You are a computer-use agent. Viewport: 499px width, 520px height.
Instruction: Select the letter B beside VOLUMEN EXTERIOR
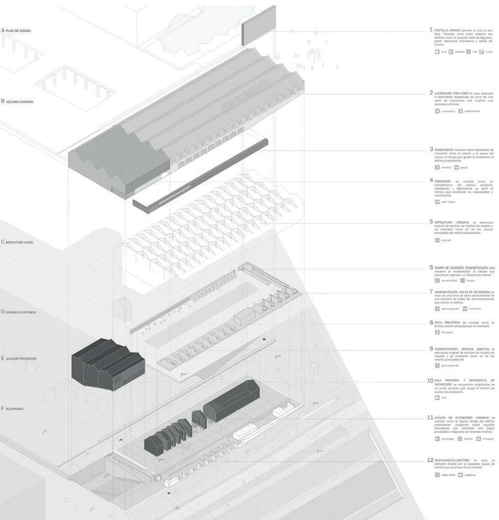coord(3,101)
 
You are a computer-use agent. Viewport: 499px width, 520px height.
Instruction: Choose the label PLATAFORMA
coord(17,408)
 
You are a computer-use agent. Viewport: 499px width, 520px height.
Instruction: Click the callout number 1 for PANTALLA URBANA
coord(431,29)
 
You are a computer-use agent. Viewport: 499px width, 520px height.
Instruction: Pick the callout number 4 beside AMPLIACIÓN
coord(431,180)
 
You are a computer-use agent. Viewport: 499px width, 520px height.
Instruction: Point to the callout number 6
coord(431,267)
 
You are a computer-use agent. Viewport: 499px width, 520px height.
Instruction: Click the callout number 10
coord(430,380)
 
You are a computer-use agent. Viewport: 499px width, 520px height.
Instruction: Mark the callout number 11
coord(430,417)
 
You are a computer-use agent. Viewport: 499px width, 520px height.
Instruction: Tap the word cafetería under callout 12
coord(469,475)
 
